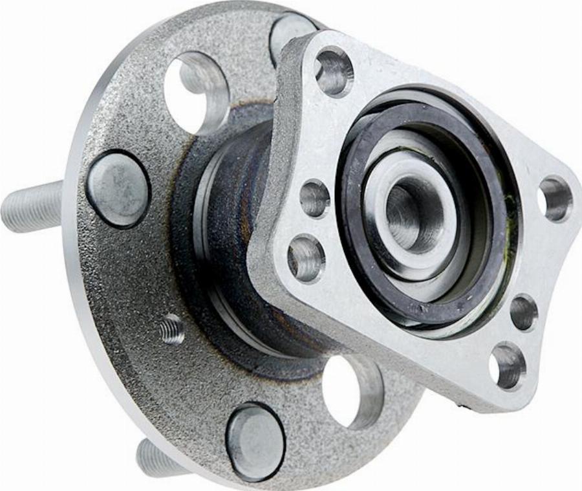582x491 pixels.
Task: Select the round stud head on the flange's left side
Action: tap(118, 189)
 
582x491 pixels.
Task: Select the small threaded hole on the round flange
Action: tap(172, 329)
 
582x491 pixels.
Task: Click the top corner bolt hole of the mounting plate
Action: tap(334, 71)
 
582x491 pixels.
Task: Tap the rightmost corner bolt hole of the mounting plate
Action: tap(555, 198)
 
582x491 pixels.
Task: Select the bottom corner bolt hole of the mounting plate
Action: tap(507, 366)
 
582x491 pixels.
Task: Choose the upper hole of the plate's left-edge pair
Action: tap(315, 198)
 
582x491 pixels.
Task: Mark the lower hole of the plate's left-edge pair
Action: tap(306, 257)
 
